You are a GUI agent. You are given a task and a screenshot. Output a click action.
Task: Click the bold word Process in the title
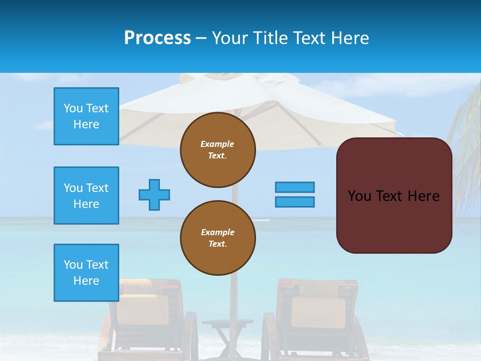pyautogui.click(x=157, y=38)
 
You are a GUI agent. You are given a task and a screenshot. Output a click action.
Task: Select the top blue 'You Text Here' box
pyautogui.click(x=86, y=116)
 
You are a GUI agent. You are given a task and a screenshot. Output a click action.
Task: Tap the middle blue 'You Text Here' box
pyautogui.click(x=86, y=196)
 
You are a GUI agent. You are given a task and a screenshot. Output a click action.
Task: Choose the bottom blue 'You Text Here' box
pyautogui.click(x=86, y=273)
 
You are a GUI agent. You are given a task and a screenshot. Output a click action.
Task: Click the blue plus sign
pyautogui.click(x=154, y=195)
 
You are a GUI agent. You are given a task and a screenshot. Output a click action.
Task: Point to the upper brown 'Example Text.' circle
pyautogui.click(x=218, y=150)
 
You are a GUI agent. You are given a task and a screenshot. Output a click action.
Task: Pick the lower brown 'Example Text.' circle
pyautogui.click(x=218, y=238)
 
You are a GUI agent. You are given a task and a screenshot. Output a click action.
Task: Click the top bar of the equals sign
pyautogui.click(x=295, y=188)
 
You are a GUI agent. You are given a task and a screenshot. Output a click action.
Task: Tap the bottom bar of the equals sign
pyautogui.click(x=295, y=202)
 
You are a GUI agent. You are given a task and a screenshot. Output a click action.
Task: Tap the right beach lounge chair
pyautogui.click(x=316, y=321)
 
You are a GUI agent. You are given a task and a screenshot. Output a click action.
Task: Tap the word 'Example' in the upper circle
pyautogui.click(x=217, y=144)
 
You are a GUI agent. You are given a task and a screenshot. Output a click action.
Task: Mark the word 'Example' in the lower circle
pyautogui.click(x=217, y=232)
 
